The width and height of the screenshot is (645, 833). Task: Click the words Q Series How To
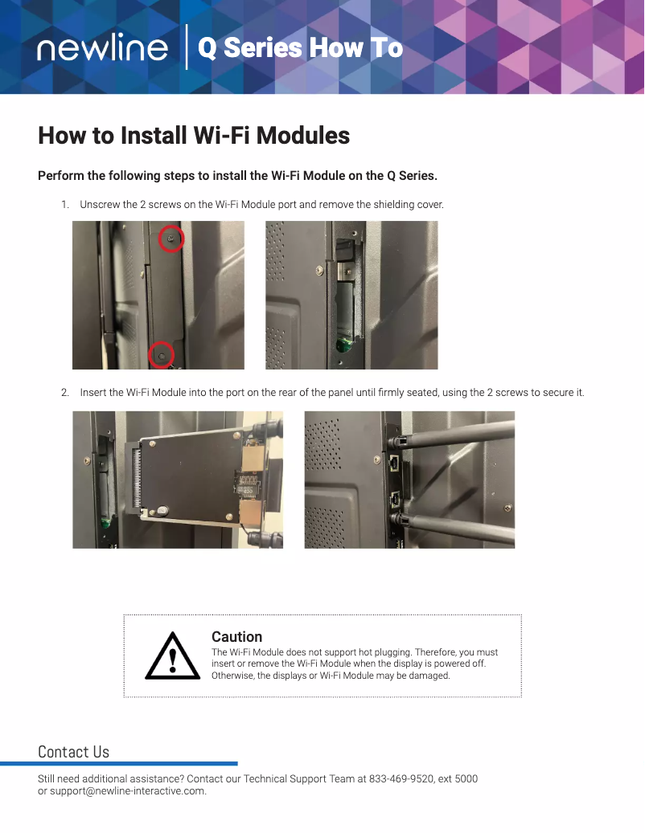(300, 48)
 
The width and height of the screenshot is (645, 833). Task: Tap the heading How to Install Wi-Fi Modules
(194, 136)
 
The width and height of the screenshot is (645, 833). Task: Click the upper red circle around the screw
(170, 238)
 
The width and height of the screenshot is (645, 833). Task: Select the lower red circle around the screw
(162, 354)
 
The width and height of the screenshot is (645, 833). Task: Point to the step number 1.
(64, 205)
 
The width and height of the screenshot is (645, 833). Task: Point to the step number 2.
(64, 393)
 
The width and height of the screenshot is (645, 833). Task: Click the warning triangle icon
(172, 656)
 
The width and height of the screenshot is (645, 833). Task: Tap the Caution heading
(236, 637)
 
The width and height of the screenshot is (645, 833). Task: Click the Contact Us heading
(73, 752)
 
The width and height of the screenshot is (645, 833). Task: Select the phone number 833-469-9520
(401, 779)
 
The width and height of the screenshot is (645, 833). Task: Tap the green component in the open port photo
(344, 346)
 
